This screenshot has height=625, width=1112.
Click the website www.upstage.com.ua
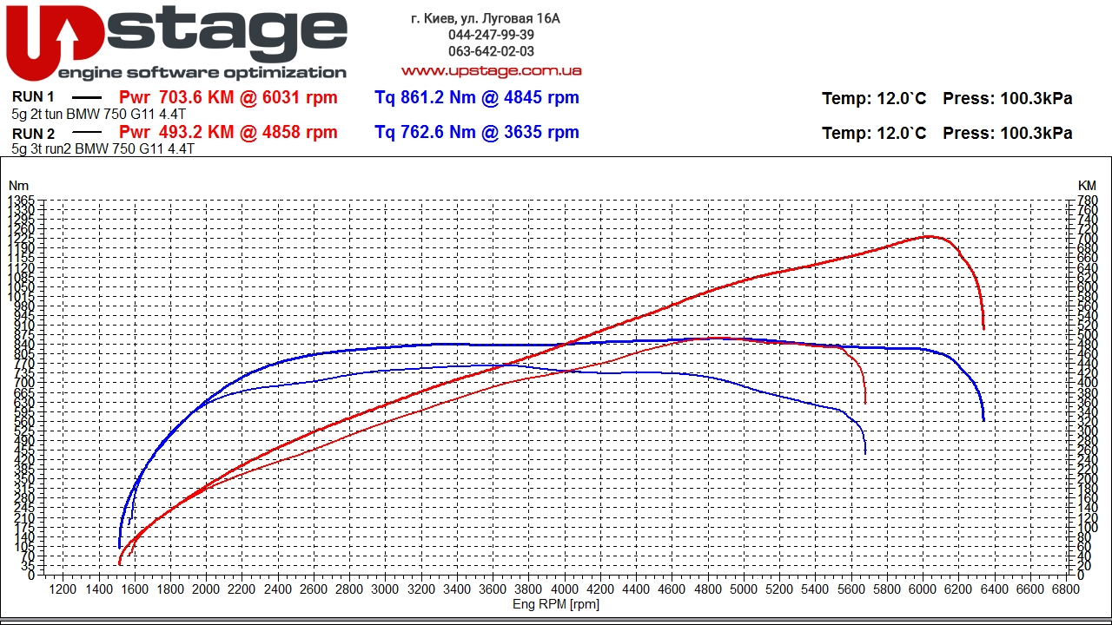pyautogui.click(x=491, y=70)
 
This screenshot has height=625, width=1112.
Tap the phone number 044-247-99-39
pyautogui.click(x=491, y=35)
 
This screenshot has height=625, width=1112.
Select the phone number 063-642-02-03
pyautogui.click(x=491, y=51)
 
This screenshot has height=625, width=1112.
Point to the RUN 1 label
pyautogui.click(x=34, y=97)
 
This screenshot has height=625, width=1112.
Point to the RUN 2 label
pyautogui.click(x=34, y=134)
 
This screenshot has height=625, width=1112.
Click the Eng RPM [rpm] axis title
pyautogui.click(x=556, y=604)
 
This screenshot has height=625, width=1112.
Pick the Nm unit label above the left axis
pyautogui.click(x=18, y=186)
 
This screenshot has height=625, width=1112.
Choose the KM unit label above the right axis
pyautogui.click(x=1087, y=186)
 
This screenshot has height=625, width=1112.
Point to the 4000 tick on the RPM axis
pyautogui.click(x=565, y=589)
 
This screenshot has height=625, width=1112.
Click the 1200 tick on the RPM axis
pyautogui.click(x=63, y=589)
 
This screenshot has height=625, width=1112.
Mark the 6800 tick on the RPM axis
pyautogui.click(x=1065, y=589)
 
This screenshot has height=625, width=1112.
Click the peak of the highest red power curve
pyautogui.click(x=927, y=236)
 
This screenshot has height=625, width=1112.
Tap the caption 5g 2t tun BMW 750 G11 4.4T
pyautogui.click(x=98, y=114)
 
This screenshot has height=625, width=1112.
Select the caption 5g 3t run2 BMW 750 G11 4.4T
pyautogui.click(x=103, y=148)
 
